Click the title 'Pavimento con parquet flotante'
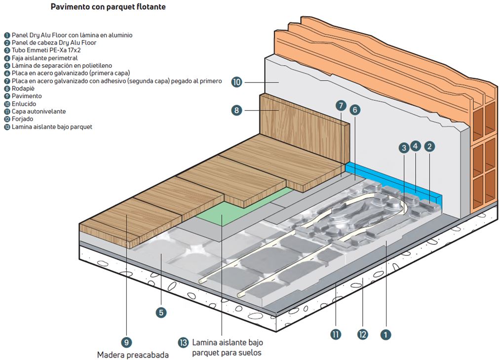[x=108, y=7]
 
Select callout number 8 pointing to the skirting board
[x=237, y=110]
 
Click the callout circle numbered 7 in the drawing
[x=341, y=105]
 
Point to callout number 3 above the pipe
[x=404, y=147]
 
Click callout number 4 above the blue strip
[x=416, y=146]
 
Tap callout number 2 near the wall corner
[x=430, y=146]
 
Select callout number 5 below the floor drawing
[x=161, y=312]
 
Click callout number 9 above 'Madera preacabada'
[x=127, y=342]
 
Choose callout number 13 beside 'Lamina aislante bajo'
[x=184, y=342]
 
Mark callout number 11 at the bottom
[x=336, y=334]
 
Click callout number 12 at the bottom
[x=363, y=334]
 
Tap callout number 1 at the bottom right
[x=386, y=334]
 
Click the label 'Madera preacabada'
[x=133, y=355]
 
